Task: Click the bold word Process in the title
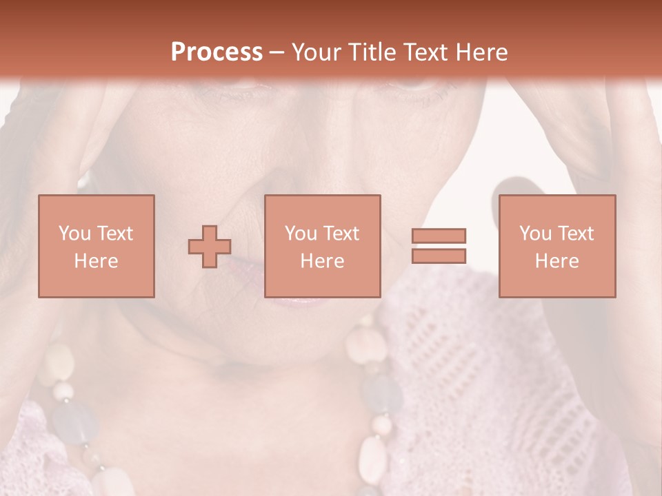click(217, 52)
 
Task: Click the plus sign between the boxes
click(210, 247)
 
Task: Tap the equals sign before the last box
click(439, 246)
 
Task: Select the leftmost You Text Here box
click(96, 246)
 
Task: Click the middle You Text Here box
click(322, 246)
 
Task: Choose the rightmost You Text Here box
click(556, 246)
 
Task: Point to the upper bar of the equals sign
click(439, 236)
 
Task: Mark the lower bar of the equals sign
click(439, 256)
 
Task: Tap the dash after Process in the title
click(277, 52)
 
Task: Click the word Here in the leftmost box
click(96, 261)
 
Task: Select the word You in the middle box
click(301, 234)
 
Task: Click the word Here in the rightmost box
click(556, 261)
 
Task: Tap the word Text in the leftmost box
click(114, 234)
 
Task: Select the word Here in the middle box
click(322, 261)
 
